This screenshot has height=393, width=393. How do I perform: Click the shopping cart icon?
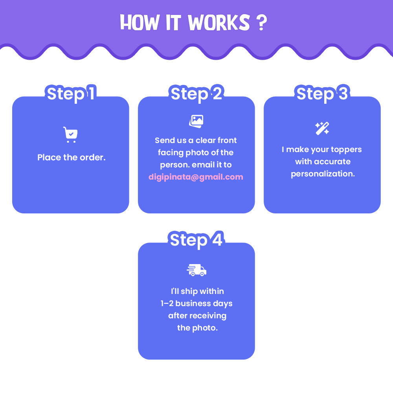[x=70, y=134]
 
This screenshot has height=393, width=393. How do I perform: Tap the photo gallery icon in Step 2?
[x=196, y=121]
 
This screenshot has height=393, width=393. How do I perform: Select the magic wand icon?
[x=322, y=128]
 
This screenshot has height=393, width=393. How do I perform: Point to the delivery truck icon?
[x=196, y=270]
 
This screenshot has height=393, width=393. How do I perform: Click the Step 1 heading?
[x=71, y=94]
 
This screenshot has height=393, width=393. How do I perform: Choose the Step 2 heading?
[x=196, y=94]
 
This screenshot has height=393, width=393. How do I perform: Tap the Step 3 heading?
[x=322, y=94]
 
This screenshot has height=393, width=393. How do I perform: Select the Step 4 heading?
[x=196, y=240]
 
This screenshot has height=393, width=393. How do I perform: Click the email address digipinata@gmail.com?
[x=196, y=177]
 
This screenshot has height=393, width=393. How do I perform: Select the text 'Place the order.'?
[x=72, y=158]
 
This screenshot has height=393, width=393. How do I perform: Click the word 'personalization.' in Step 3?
[x=323, y=174]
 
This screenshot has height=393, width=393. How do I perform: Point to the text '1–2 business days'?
[x=196, y=303]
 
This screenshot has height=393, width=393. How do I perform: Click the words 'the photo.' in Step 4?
[x=197, y=328]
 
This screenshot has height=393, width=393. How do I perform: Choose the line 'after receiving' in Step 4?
[x=197, y=316]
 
